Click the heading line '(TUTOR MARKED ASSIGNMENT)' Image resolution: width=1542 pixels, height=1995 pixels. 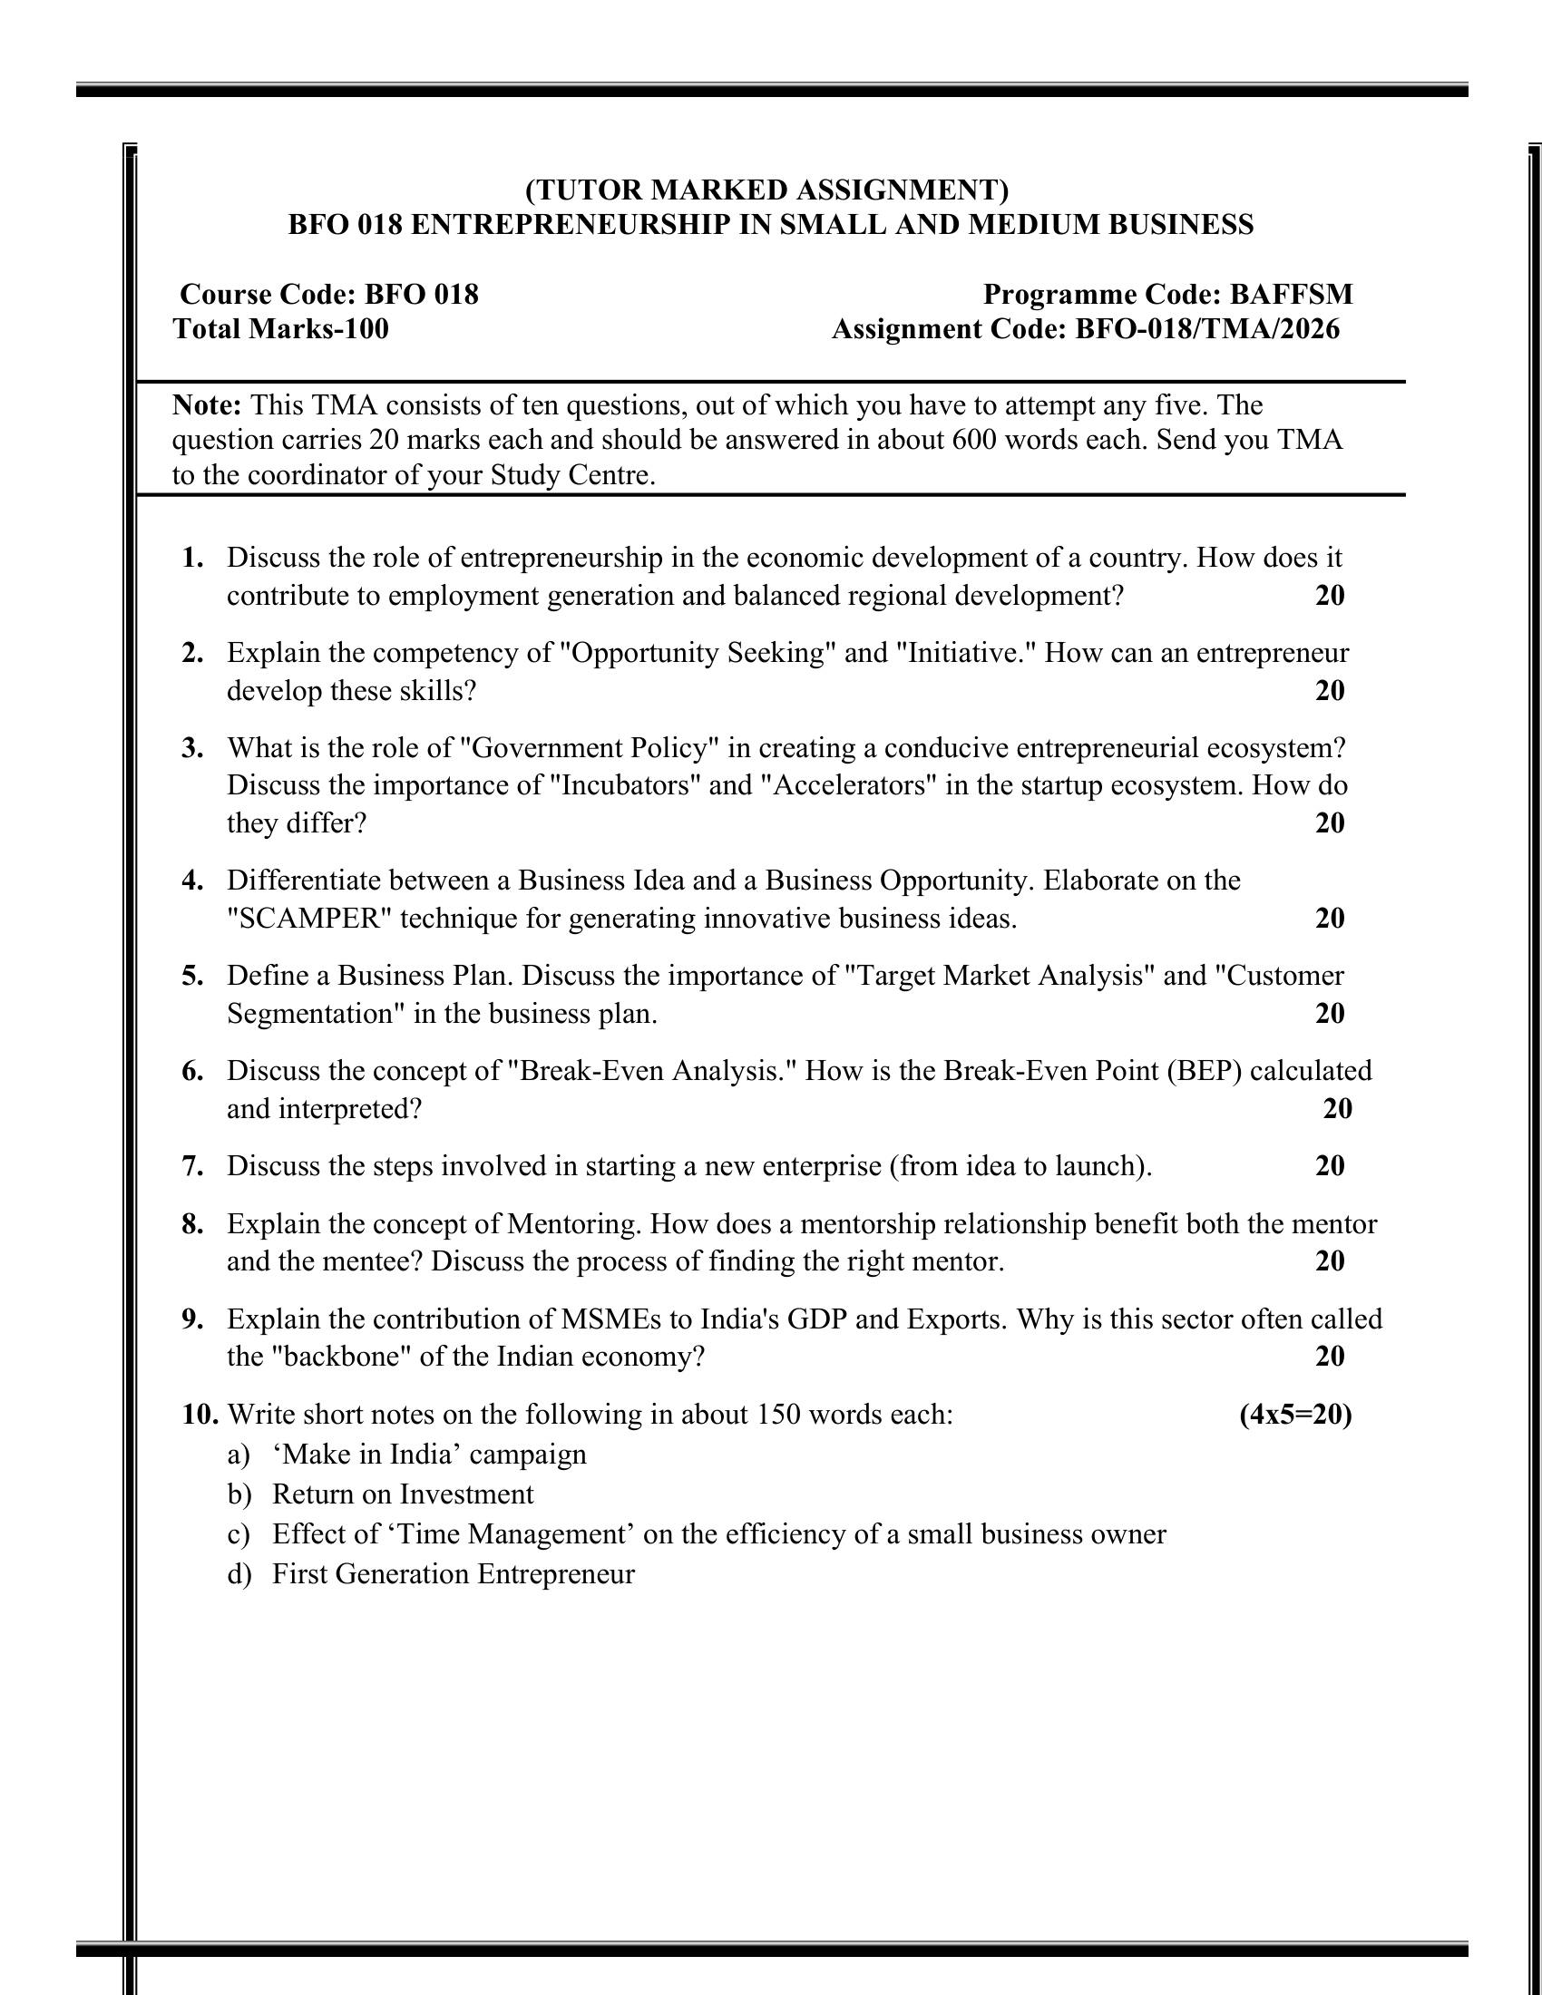[766, 190]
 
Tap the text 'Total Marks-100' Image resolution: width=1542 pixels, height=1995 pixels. [280, 329]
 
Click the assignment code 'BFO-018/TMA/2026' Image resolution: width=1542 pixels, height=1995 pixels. [1206, 329]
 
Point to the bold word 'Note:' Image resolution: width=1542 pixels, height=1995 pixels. [207, 404]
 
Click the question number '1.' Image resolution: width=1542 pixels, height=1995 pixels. [192, 557]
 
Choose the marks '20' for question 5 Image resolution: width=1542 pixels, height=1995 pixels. [1330, 1013]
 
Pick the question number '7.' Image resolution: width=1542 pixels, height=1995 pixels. [192, 1166]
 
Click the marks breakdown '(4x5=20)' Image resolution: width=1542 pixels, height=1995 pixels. [1295, 1415]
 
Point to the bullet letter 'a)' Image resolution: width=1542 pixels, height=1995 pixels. [239, 1455]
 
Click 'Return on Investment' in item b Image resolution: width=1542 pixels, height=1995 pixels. [403, 1494]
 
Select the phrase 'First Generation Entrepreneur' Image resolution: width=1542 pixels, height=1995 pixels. [454, 1574]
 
